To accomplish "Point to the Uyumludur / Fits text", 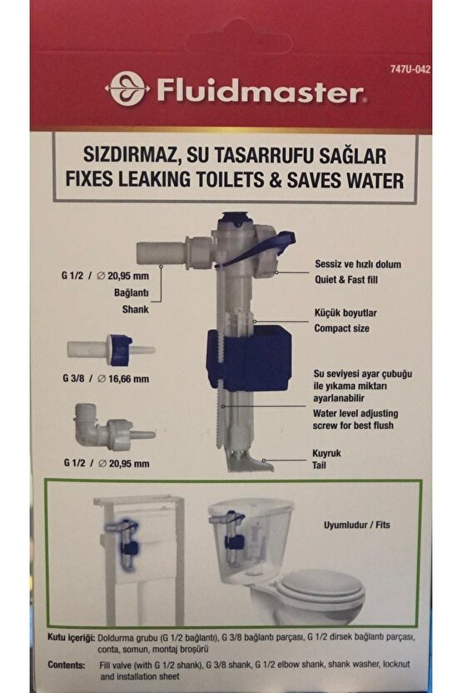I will pos(357,526).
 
